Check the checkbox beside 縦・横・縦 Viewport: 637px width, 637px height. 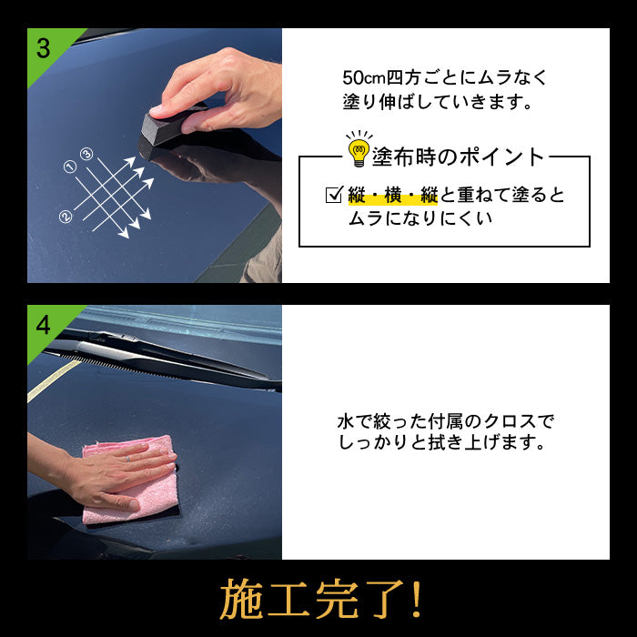click(334, 195)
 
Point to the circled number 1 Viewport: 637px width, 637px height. click(70, 167)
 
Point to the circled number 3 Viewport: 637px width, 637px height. click(86, 154)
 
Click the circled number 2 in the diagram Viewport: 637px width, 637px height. click(66, 217)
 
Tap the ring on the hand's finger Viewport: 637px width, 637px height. click(127, 459)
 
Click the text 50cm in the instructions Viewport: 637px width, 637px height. click(364, 78)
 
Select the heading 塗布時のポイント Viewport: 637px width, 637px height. click(458, 157)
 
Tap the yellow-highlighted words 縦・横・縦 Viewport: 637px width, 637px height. click(393, 196)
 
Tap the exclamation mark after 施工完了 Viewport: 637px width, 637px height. click(415, 599)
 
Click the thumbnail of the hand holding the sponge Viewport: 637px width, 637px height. click(155, 156)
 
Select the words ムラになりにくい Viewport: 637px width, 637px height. click(420, 219)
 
